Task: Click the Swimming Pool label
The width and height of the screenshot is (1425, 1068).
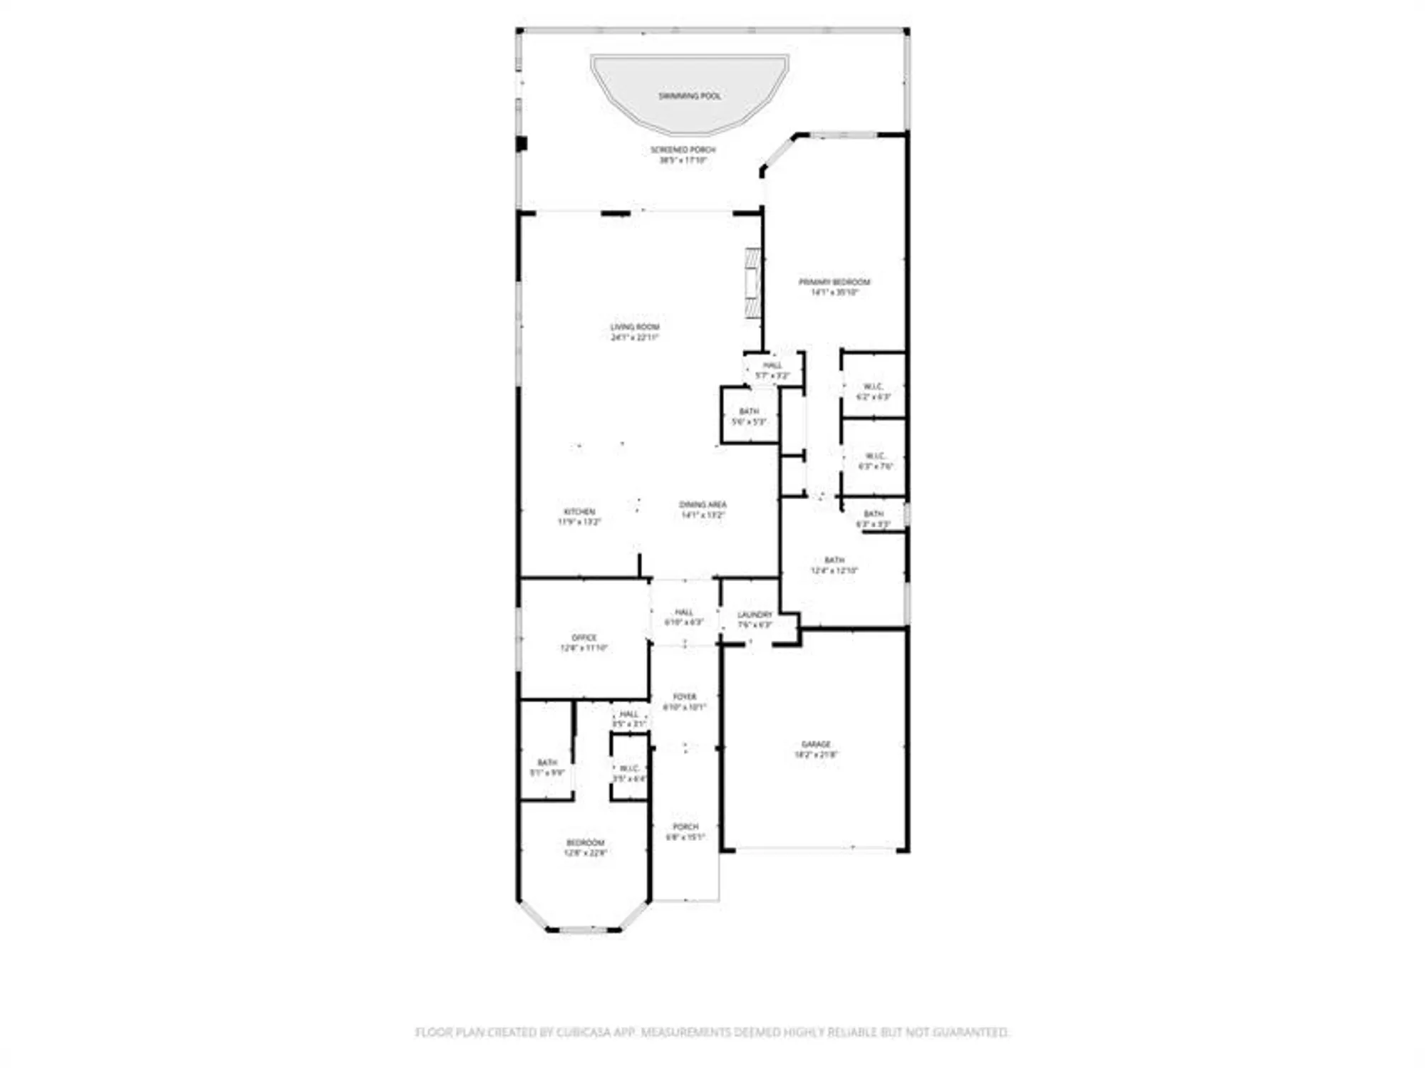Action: coord(689,95)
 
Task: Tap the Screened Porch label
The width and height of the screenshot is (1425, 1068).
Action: coord(683,155)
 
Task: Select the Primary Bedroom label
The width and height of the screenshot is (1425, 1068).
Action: coord(834,286)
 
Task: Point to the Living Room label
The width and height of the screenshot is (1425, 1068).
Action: coord(634,332)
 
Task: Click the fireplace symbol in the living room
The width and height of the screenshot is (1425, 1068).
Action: coord(753,283)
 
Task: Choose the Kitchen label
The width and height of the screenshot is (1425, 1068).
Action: coord(579,516)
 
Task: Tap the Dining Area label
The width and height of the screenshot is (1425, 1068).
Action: coord(703,509)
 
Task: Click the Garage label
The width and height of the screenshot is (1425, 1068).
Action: coord(816,748)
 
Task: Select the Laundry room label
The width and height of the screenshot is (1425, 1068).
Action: coord(755,619)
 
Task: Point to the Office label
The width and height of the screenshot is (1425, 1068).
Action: coord(584,642)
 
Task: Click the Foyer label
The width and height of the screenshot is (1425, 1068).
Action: coord(684,701)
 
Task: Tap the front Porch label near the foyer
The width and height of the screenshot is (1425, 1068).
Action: coord(685,832)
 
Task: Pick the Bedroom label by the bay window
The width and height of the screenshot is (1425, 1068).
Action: coord(585,847)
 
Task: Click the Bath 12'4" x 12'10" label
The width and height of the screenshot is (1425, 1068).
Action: coord(834,565)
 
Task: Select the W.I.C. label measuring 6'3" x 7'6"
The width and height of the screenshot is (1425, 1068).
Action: coord(876,461)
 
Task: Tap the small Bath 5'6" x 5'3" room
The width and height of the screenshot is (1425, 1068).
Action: coord(749,416)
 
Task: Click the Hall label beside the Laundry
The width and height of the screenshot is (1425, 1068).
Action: coord(684,617)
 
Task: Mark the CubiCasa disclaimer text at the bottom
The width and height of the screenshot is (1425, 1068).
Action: coord(712,1032)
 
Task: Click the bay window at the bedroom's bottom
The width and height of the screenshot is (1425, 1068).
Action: coord(584,929)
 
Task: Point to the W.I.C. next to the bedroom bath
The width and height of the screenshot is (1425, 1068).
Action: coord(629,773)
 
